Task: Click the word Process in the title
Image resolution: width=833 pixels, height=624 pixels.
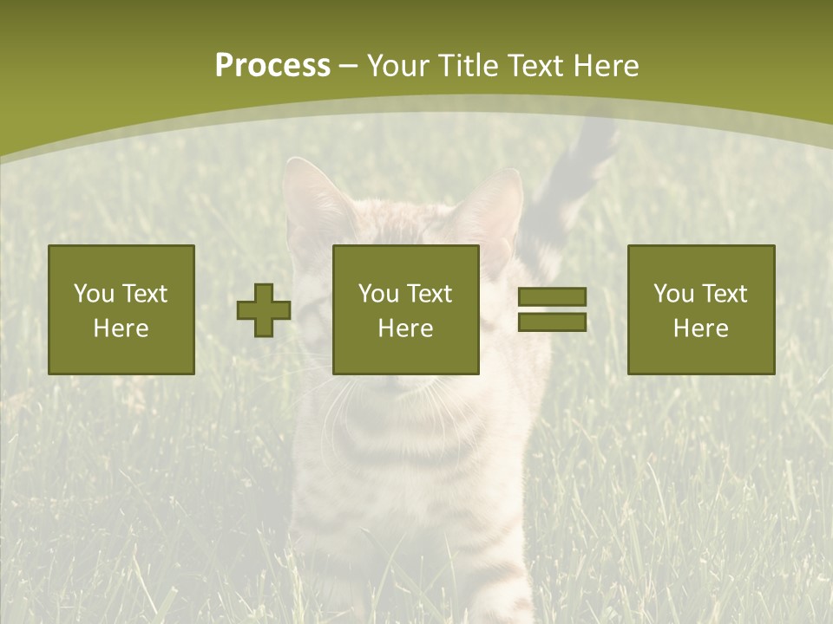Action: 272,66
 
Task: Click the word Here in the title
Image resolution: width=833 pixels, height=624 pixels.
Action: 607,66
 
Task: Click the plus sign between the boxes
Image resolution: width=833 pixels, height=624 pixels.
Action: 264,310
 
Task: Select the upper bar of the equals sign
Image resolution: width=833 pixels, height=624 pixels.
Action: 552,297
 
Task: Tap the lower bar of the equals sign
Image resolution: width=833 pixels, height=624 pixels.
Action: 552,322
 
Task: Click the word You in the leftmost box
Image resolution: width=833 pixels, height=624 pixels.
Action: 93,294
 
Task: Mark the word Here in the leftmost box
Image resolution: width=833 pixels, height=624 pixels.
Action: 121,328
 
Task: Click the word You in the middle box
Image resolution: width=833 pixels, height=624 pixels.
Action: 377,294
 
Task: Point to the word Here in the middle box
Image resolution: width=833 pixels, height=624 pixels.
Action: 405,328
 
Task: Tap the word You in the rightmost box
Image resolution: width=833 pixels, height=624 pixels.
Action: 672,294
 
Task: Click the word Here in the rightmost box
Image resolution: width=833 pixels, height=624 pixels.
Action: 700,328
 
